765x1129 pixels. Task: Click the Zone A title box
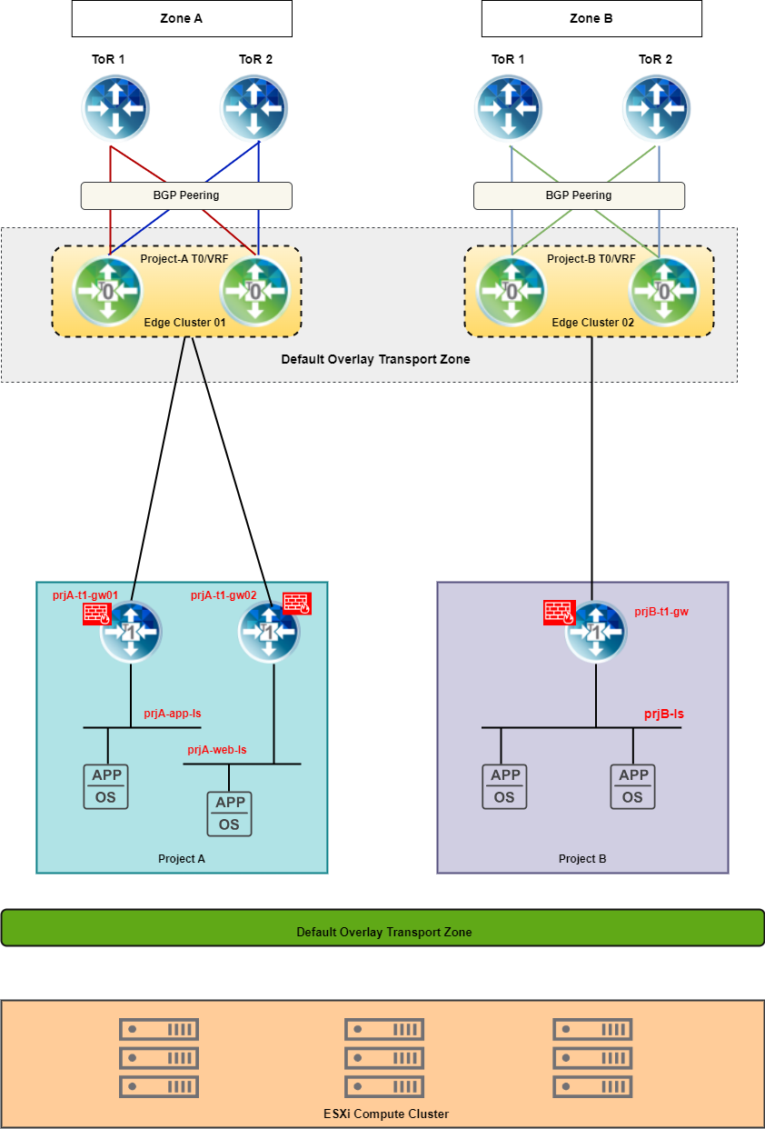pyautogui.click(x=182, y=18)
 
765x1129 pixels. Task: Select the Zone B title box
pyautogui.click(x=591, y=18)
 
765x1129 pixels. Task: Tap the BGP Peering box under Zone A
pyautogui.click(x=186, y=195)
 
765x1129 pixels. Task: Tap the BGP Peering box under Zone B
pyautogui.click(x=579, y=195)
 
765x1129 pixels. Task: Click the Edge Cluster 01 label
pyautogui.click(x=184, y=323)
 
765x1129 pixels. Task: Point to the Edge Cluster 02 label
pyautogui.click(x=592, y=323)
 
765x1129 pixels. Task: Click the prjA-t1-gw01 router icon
pyautogui.click(x=131, y=632)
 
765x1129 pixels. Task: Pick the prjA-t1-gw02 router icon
pyautogui.click(x=269, y=632)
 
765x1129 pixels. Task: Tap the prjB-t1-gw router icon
pyautogui.click(x=596, y=632)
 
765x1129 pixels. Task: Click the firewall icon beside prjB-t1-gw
pyautogui.click(x=558, y=613)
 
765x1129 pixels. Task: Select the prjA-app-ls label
pyautogui.click(x=173, y=714)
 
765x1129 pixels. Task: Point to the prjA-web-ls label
pyautogui.click(x=217, y=750)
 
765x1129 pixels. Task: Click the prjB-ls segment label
pyautogui.click(x=664, y=714)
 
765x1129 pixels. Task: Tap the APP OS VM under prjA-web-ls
pyautogui.click(x=229, y=814)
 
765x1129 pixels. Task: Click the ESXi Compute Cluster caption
pyautogui.click(x=386, y=1114)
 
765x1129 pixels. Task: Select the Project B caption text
pyautogui.click(x=582, y=859)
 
